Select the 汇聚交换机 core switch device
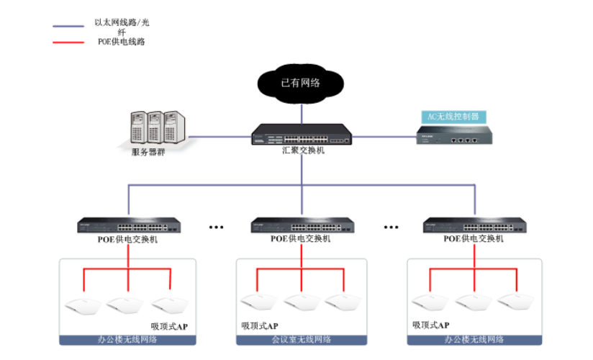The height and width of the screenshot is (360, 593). pyautogui.click(x=302, y=135)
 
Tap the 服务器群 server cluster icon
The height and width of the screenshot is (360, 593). pyautogui.click(x=154, y=127)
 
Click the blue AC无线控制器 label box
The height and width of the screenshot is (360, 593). pyautogui.click(x=453, y=116)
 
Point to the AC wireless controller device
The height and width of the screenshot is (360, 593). pyautogui.click(x=453, y=135)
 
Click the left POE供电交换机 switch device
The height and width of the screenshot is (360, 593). pyautogui.click(x=129, y=225)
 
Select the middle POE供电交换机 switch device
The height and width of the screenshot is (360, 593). pyautogui.click(x=302, y=225)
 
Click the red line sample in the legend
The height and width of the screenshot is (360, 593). pyautogui.click(x=69, y=41)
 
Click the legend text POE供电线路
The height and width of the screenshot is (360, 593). pyautogui.click(x=122, y=42)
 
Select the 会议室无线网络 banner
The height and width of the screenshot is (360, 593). pyautogui.click(x=302, y=339)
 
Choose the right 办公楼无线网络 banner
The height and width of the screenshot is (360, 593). pyautogui.click(x=474, y=339)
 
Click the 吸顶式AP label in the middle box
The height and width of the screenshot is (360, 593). pyautogui.click(x=259, y=326)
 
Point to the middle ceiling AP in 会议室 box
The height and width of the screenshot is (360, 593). pyautogui.click(x=302, y=302)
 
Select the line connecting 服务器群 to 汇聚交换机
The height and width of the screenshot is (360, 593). pyautogui.click(x=219, y=135)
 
